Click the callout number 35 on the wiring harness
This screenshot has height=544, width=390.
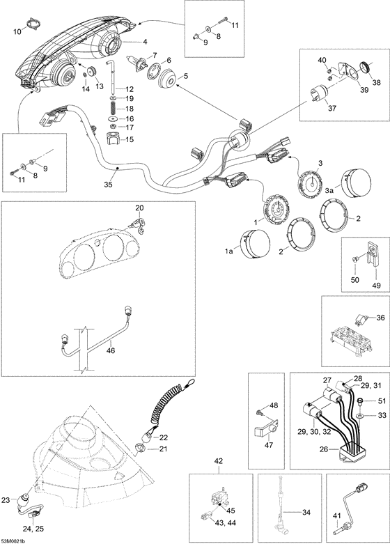click(108, 185)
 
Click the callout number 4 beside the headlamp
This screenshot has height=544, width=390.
click(145, 42)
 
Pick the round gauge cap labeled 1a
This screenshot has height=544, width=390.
click(255, 245)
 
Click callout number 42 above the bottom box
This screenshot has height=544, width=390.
click(219, 461)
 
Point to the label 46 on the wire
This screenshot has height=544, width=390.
click(110, 351)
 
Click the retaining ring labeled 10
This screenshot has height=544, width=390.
click(33, 24)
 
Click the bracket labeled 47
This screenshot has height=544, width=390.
click(265, 428)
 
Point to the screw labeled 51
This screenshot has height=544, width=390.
click(360, 402)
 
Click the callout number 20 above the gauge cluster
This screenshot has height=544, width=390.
click(139, 208)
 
